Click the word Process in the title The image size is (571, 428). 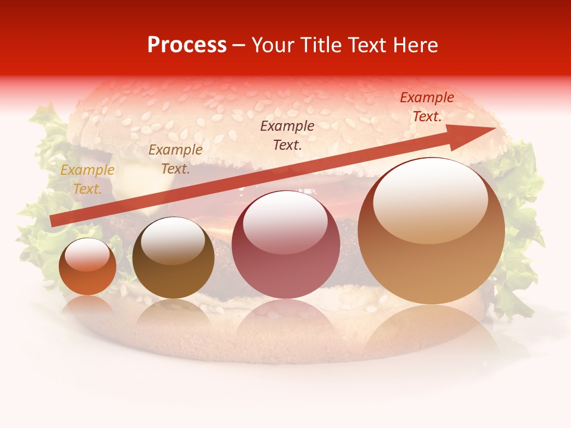pyautogui.click(x=187, y=45)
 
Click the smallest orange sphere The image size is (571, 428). pyautogui.click(x=87, y=267)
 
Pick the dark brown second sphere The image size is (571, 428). pyautogui.click(x=173, y=259)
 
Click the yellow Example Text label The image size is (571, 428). pyautogui.click(x=87, y=180)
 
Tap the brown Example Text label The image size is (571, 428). pyautogui.click(x=175, y=159)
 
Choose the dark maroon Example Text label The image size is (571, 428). pyautogui.click(x=287, y=135)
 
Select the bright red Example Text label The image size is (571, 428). pyautogui.click(x=426, y=107)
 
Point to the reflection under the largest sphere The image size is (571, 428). pyautogui.click(x=431, y=333)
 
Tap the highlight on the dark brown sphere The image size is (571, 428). pyautogui.click(x=173, y=241)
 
